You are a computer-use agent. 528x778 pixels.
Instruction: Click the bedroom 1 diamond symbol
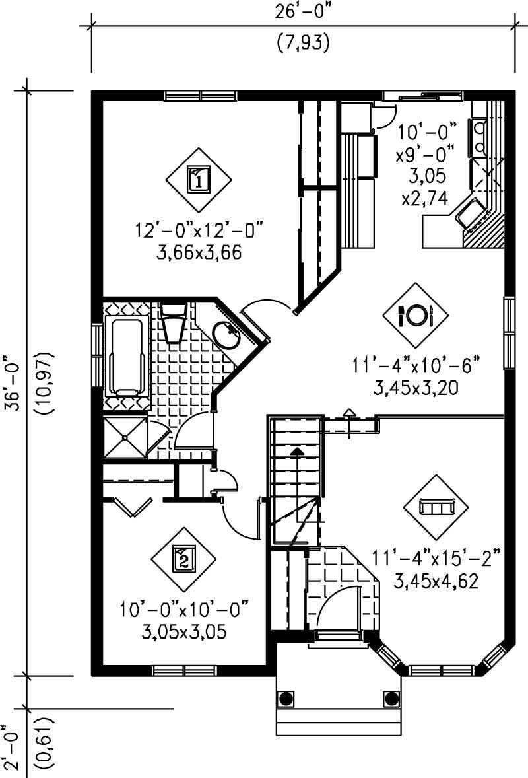pyautogui.click(x=199, y=178)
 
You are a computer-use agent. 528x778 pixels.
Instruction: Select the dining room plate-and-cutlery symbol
pyautogui.click(x=416, y=314)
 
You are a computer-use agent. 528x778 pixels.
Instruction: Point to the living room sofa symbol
pyautogui.click(x=436, y=507)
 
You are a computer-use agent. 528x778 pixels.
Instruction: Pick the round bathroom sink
pyautogui.click(x=226, y=336)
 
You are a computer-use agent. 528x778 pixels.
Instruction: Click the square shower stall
pyautogui.click(x=125, y=437)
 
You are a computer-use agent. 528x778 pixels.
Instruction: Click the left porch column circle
pyautogui.click(x=286, y=697)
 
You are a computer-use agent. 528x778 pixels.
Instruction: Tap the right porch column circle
pyautogui.click(x=391, y=697)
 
